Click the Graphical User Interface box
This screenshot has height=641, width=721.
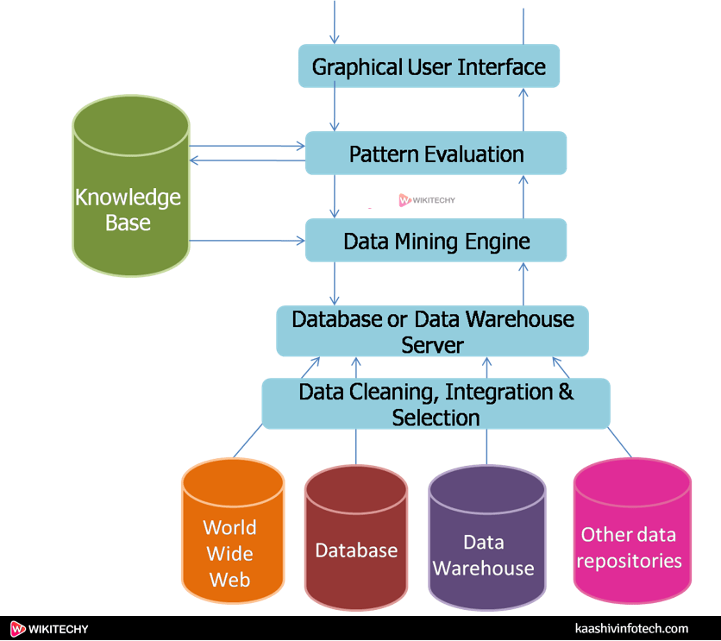(429, 66)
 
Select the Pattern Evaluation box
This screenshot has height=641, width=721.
(436, 154)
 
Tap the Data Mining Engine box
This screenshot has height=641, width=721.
(436, 241)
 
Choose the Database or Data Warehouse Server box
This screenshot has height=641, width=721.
(432, 331)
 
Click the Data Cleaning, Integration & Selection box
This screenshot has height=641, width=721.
(436, 404)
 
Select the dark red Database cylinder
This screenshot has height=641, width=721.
(355, 540)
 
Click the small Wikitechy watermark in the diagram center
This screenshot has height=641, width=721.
(427, 200)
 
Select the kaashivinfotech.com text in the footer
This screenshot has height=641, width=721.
(631, 629)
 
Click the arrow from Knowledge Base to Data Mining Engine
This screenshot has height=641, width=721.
(247, 241)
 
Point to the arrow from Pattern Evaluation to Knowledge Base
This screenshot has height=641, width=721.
(247, 160)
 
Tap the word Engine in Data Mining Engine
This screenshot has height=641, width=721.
(498, 242)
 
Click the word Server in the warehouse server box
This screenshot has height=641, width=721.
(432, 345)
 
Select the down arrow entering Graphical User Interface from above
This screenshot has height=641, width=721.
(335, 22)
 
